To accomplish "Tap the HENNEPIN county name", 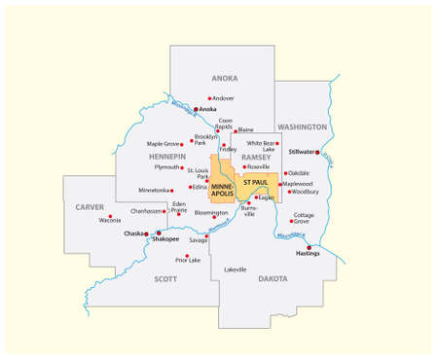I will [166, 156].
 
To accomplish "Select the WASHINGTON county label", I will [302, 127].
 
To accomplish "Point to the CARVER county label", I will [90, 207].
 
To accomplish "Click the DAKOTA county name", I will [273, 279].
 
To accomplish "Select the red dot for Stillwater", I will [317, 152].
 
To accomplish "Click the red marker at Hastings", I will [310, 248].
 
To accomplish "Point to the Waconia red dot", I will [110, 216].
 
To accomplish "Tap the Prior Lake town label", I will [188, 261].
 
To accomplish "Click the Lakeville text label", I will [236, 269].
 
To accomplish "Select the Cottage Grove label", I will [304, 217].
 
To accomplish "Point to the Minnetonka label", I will [155, 190].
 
